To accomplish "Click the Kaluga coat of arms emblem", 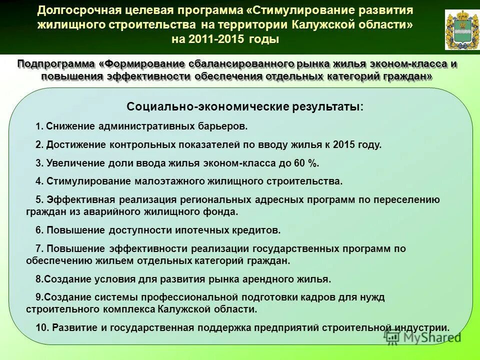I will coord(458,30).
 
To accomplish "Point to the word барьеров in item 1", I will coord(223,126).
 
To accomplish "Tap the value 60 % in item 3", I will coord(305,163).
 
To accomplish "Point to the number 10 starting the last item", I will coord(41,328).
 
